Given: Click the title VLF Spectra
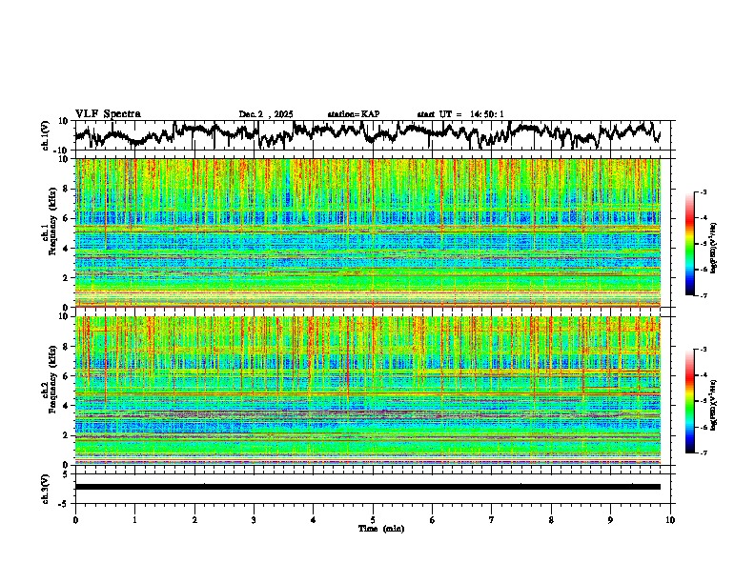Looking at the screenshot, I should pos(108,114).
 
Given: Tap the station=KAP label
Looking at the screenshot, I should pos(353,114).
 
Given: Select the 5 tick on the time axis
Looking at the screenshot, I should pos(373,520).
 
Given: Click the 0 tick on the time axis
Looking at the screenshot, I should pos(75,520).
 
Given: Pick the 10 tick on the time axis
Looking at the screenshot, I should pos(670,520).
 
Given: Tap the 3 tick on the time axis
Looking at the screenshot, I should pos(254,520).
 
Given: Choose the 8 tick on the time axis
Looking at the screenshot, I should pos(551,520).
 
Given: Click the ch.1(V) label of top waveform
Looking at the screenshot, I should pos(46,135).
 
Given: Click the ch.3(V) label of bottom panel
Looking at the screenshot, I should pos(46,487).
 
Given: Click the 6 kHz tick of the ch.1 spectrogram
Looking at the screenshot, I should pos(65,219).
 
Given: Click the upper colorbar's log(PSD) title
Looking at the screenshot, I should pos(725,244).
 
